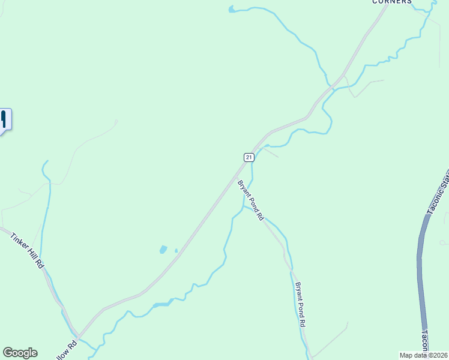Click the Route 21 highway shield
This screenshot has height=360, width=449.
point(249,157)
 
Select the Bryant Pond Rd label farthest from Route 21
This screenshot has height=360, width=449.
point(300,304)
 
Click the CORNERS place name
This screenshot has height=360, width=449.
point(392,2)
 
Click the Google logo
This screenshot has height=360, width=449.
point(20,353)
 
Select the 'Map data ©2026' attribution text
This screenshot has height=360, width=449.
point(424,355)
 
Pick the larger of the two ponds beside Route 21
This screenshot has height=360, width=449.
point(163,249)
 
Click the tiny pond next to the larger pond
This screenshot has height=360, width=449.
point(176,251)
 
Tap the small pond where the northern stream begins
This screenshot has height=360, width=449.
point(232,9)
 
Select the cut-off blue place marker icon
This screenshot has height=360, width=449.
point(4,119)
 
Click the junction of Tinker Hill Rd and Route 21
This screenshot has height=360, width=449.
point(77,335)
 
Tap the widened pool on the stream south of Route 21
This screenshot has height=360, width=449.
point(162,304)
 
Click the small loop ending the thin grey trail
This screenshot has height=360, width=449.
point(442,242)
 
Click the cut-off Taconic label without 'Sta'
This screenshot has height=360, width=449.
point(424,341)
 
